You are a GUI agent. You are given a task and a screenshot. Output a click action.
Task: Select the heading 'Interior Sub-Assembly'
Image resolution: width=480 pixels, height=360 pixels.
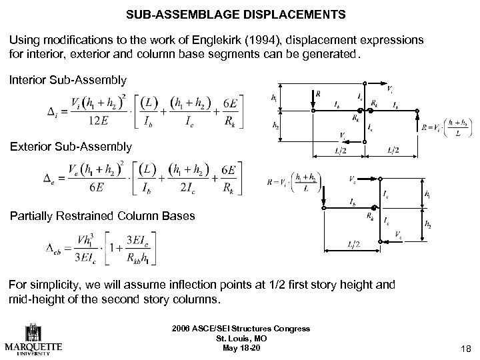[x=67, y=81]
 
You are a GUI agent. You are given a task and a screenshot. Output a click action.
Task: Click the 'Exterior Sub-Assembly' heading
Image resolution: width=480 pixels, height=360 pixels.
[x=69, y=146]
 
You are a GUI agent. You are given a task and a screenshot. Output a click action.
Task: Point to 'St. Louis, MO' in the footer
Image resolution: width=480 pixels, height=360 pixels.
[x=240, y=338]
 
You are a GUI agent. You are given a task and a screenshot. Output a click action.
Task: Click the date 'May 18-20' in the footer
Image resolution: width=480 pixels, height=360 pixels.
[x=240, y=347]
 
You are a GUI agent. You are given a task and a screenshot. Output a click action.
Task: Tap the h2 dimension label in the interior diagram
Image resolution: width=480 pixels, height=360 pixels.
[x=275, y=125]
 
